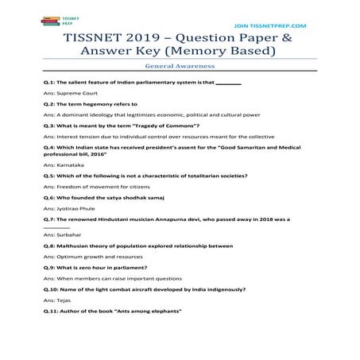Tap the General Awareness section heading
(x=180, y=68)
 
